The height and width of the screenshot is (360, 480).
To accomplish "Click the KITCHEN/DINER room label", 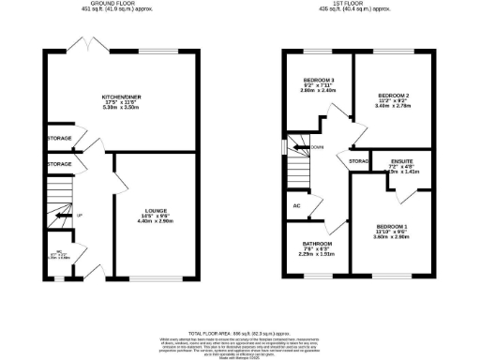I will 120,96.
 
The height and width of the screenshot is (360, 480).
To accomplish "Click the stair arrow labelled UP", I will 66,217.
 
